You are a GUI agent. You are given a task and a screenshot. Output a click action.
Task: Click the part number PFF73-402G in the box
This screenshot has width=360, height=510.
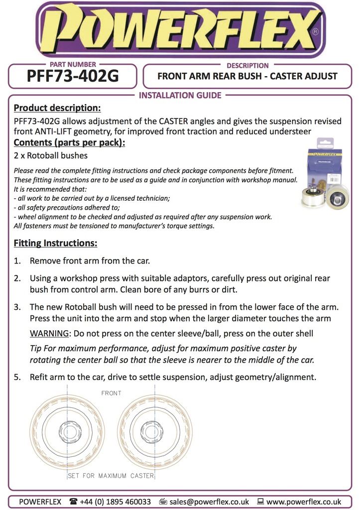pos(73,77)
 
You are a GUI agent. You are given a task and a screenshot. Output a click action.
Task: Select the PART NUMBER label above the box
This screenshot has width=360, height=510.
pos(73,65)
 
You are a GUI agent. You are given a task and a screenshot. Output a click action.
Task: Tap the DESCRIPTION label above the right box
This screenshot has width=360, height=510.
pos(247,65)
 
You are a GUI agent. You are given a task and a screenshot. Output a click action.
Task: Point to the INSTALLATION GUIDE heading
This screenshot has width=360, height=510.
pos(180,95)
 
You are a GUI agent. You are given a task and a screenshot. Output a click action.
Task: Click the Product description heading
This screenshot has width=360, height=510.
pos(57,108)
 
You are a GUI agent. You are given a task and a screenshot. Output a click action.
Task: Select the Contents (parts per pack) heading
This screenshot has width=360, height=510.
pos(69,143)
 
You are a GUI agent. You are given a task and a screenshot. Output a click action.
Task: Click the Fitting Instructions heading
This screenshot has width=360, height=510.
pos(55,244)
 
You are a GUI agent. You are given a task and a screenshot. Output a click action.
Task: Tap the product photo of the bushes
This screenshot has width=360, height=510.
pos(324,179)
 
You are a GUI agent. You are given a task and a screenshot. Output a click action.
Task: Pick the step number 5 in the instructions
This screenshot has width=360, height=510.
pos(17,377)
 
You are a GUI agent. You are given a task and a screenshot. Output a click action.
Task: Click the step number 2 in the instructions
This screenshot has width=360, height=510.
pos(17,278)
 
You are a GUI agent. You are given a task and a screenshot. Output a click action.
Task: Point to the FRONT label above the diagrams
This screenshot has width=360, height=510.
pos(111,393)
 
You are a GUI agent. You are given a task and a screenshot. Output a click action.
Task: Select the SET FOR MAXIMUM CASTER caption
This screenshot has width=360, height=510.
pos(111,476)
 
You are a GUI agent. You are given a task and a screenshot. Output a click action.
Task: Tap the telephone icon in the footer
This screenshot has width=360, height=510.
pos(74,502)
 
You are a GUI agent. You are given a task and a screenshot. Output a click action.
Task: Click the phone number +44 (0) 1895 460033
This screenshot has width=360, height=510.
pos(116,502)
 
